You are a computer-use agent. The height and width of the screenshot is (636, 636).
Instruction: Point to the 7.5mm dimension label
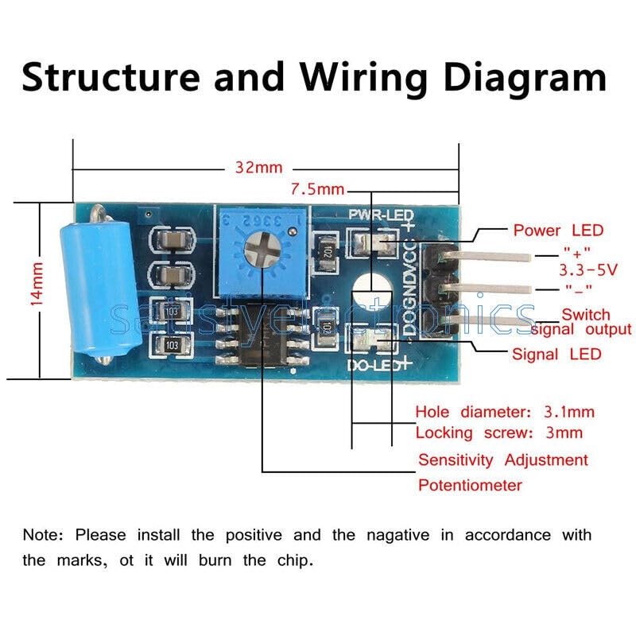(x=317, y=189)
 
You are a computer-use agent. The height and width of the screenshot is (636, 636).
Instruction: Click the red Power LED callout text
(x=558, y=231)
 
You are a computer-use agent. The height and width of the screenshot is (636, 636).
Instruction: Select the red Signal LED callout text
(x=556, y=354)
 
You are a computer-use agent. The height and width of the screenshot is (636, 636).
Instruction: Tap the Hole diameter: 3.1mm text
(x=505, y=412)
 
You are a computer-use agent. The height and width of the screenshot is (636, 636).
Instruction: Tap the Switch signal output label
(x=585, y=321)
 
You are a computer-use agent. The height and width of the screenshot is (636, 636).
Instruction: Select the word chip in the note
(x=295, y=560)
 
